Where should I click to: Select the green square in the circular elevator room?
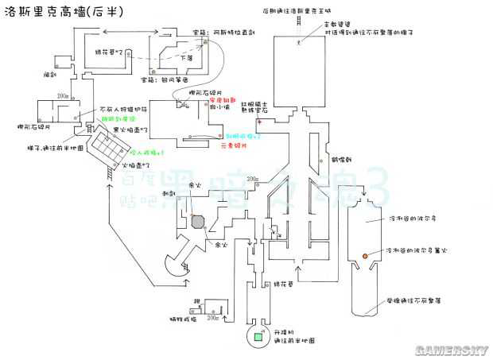coord(258,339)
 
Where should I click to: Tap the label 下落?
coord(187,58)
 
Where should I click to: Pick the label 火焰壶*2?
coord(134,165)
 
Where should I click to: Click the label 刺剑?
coord(169,193)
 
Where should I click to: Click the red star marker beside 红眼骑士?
coord(257,119)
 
